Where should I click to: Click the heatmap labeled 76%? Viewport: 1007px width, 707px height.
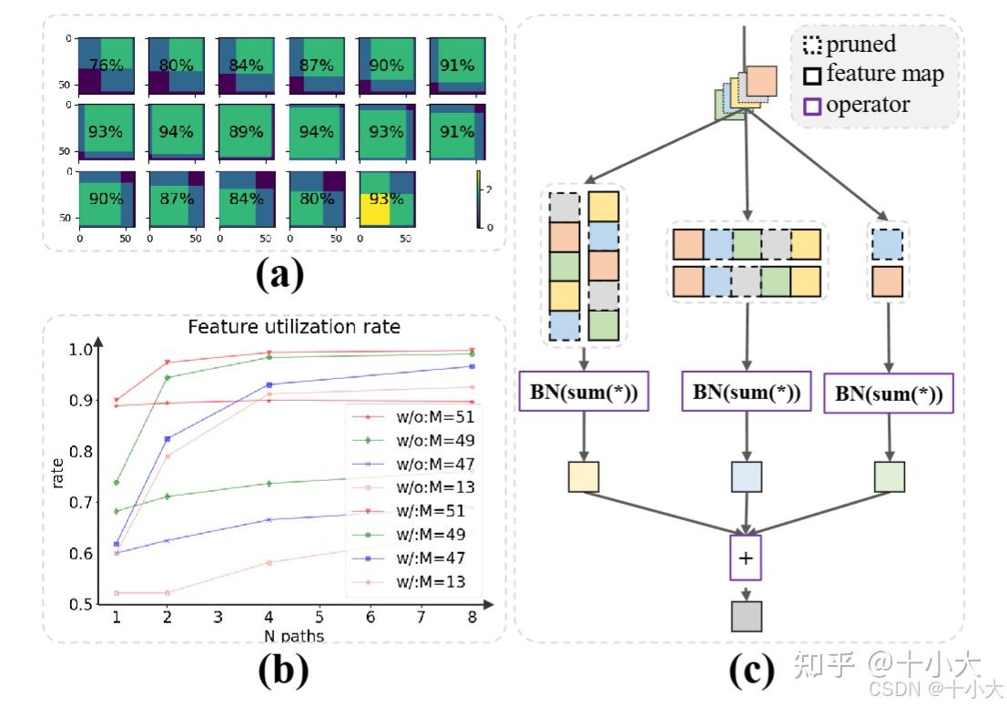tap(107, 66)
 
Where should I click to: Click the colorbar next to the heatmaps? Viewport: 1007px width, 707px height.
tap(480, 199)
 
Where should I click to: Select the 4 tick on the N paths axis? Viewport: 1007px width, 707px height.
tap(269, 617)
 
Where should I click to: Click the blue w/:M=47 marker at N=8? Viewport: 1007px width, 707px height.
tap(470, 366)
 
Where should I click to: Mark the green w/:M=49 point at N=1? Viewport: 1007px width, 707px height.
tap(117, 482)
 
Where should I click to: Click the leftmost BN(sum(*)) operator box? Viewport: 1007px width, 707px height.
tap(582, 393)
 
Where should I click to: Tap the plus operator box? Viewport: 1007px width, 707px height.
tap(746, 558)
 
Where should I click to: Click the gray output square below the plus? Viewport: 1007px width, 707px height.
tap(747, 616)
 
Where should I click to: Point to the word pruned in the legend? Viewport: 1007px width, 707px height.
tap(860, 44)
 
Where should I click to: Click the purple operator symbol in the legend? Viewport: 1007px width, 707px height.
tap(812, 106)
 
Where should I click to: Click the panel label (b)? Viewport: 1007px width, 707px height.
tap(283, 671)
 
